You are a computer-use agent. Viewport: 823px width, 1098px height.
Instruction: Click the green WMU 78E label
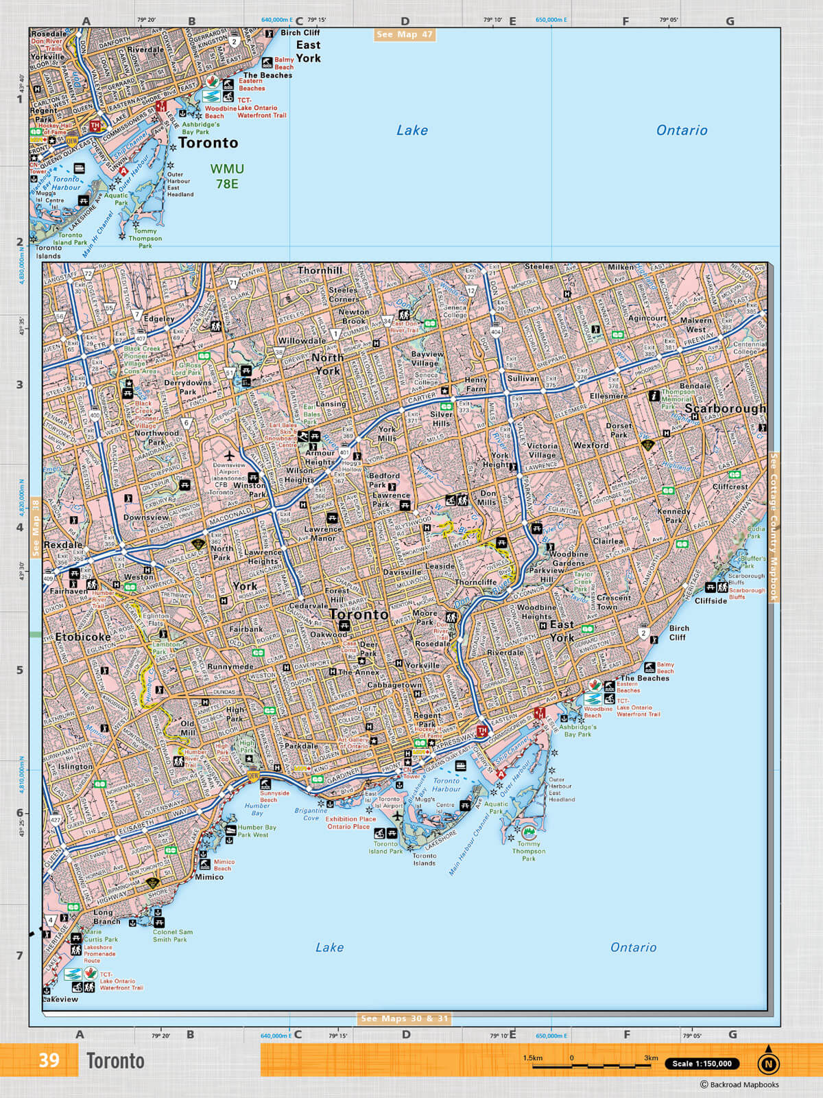click(x=227, y=176)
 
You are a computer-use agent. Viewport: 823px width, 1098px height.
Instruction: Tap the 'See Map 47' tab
click(x=405, y=34)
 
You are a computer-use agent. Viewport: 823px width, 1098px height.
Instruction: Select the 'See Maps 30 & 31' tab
click(x=405, y=1018)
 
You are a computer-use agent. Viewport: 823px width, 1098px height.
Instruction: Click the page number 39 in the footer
click(x=49, y=1060)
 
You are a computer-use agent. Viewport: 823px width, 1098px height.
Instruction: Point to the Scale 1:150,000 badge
click(x=702, y=1064)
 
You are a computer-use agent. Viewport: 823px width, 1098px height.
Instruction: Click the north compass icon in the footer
click(x=768, y=1063)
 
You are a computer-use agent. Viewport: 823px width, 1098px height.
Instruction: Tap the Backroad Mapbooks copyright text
click(x=739, y=1085)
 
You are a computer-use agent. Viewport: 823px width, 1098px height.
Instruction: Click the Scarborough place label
click(x=725, y=408)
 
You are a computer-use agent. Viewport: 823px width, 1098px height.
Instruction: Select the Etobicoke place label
click(x=84, y=637)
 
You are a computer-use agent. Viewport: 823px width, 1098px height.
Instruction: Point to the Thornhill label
click(x=320, y=270)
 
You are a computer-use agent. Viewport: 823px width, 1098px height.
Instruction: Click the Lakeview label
click(x=61, y=999)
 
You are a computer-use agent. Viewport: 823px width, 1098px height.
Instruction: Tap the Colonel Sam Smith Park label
click(x=173, y=935)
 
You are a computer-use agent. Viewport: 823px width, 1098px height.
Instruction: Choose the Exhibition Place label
click(x=350, y=819)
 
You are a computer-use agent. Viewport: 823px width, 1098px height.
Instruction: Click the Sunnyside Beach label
click(x=274, y=796)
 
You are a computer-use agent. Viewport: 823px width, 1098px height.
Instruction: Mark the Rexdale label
click(x=62, y=544)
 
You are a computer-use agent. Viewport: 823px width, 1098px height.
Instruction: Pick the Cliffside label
click(x=711, y=600)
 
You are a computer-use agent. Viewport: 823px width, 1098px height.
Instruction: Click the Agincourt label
click(x=647, y=318)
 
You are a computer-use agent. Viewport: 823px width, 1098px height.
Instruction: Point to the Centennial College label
click(x=749, y=348)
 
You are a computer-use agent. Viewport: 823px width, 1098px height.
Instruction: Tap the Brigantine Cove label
click(x=311, y=814)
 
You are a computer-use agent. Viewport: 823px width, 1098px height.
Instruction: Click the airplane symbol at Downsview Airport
click(x=229, y=455)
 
